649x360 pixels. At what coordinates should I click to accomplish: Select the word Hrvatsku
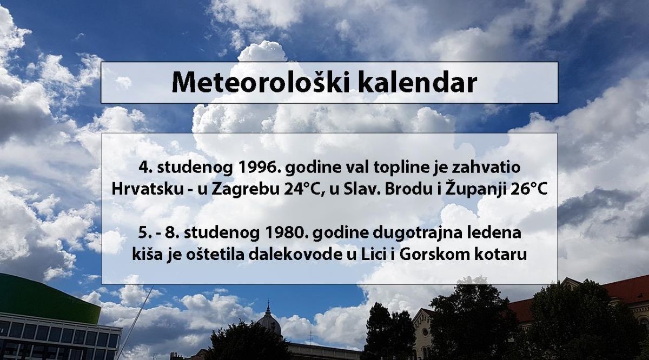point(147,189)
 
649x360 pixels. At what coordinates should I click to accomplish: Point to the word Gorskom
point(436,255)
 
